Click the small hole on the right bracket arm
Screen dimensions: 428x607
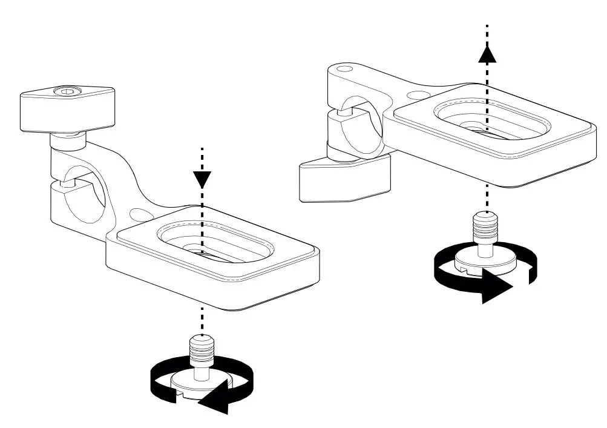pyautogui.click(x=417, y=95)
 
